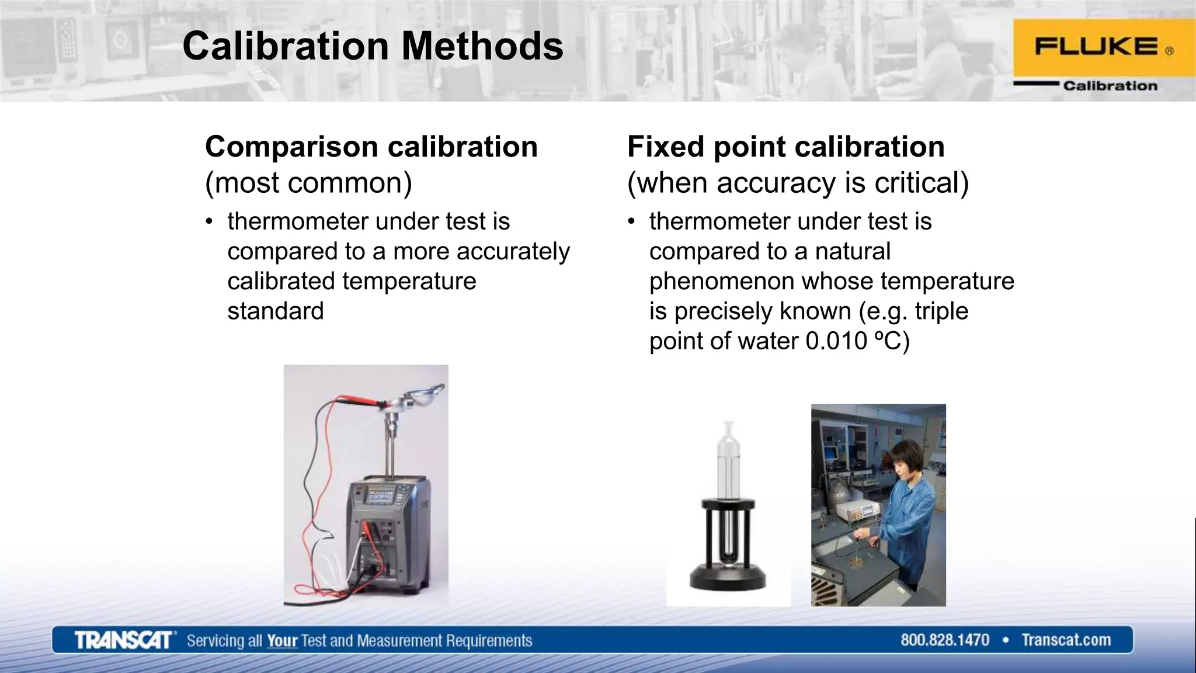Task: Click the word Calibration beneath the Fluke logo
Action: [1110, 86]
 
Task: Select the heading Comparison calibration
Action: [371, 147]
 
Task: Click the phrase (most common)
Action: [308, 183]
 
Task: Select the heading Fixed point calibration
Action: [785, 147]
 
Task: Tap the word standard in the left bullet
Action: [275, 311]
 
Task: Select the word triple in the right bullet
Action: [941, 311]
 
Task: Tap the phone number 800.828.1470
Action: [944, 640]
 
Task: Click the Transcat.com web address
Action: [1066, 640]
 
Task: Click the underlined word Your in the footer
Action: [282, 641]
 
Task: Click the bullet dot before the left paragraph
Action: [208, 222]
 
